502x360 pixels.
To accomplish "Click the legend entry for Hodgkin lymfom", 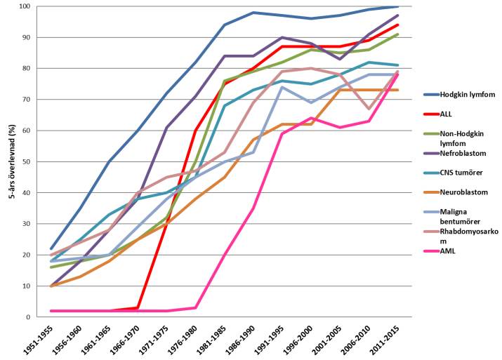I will (464, 114).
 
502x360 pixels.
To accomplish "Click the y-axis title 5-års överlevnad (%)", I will (8, 161).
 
